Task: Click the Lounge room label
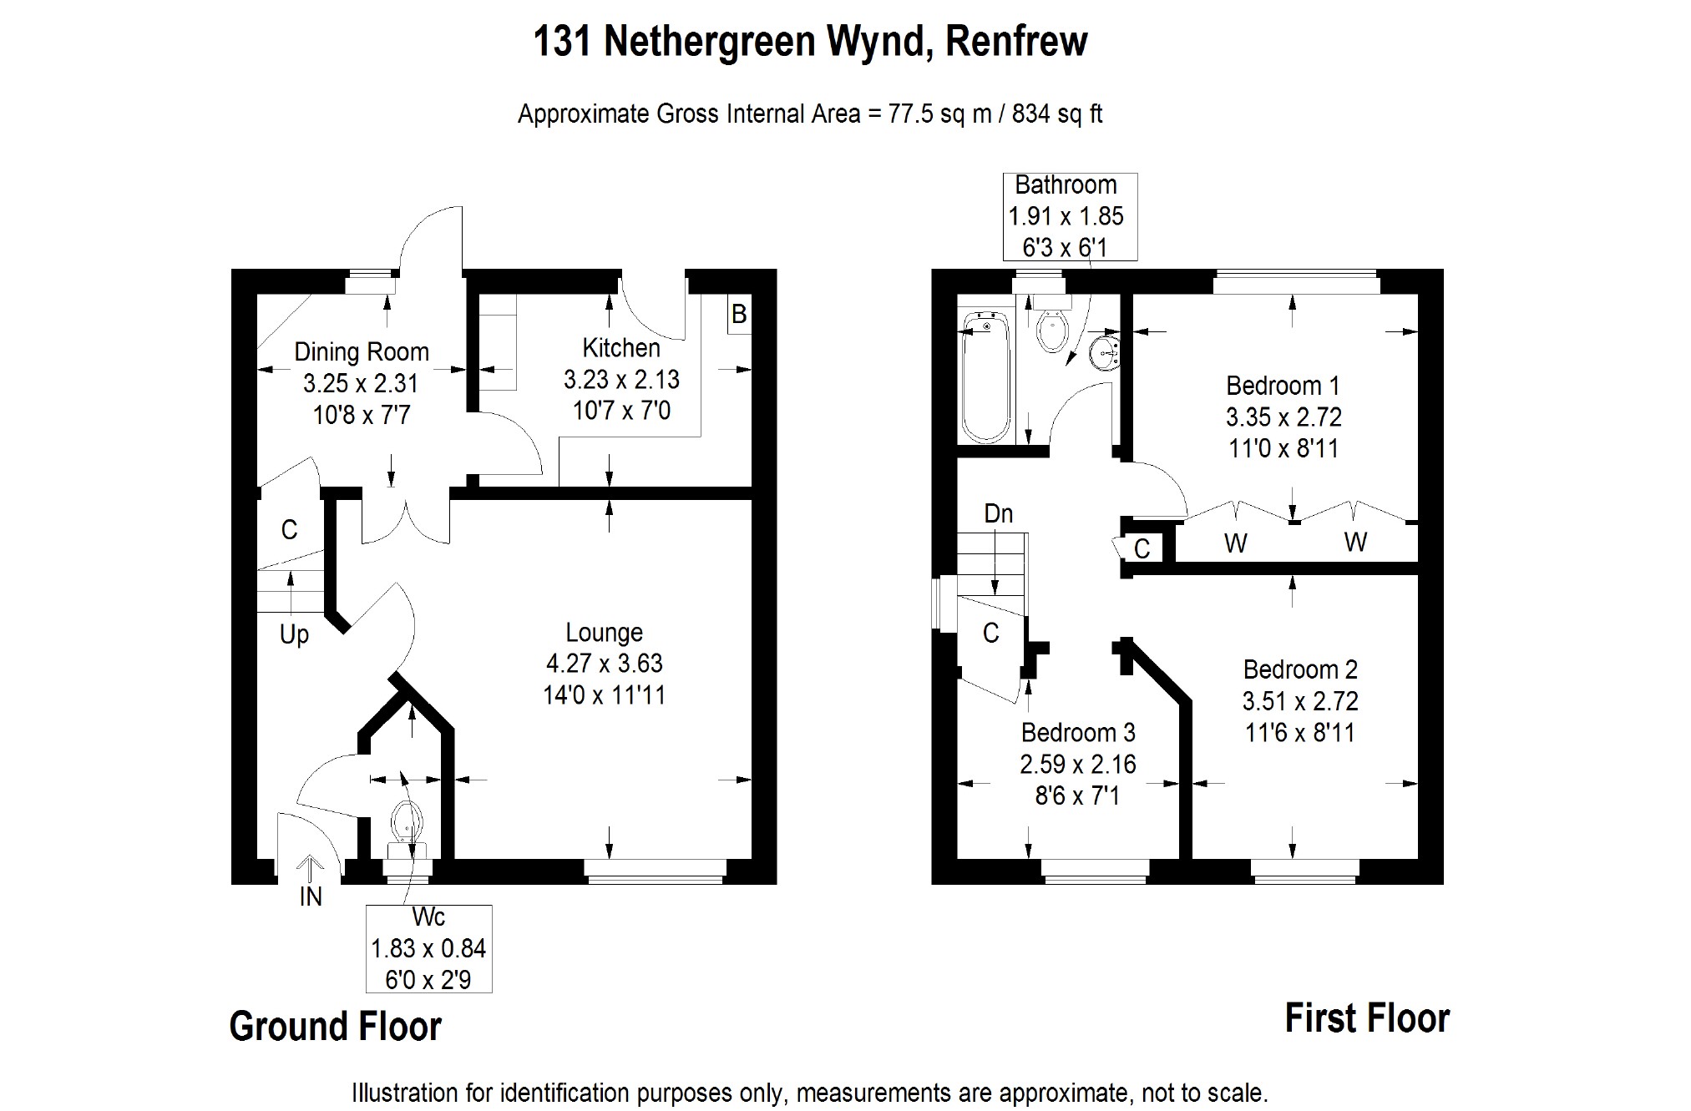tap(604, 633)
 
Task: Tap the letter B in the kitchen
tap(739, 315)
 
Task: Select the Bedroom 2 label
tap(1299, 669)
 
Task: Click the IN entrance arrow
tap(311, 871)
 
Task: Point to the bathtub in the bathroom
tap(985, 376)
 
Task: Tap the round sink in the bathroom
tap(1106, 351)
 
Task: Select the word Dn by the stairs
tap(998, 513)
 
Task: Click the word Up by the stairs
tap(294, 634)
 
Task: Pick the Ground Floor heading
tap(335, 1026)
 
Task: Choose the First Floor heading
tap(1366, 1018)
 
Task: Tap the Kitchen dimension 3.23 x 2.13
tap(621, 380)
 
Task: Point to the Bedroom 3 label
tap(1077, 733)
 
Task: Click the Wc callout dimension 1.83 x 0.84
tap(428, 949)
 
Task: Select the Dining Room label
tap(362, 352)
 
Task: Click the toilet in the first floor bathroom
tap(1051, 331)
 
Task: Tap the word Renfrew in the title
tap(1016, 41)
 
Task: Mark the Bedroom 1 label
tap(1283, 386)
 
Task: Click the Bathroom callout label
tap(1066, 185)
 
